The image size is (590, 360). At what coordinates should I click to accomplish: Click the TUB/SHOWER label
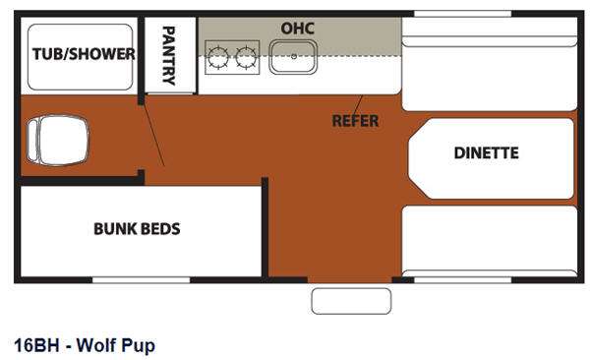coord(83,54)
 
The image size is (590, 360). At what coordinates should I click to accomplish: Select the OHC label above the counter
coord(298,28)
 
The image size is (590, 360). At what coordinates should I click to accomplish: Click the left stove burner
coord(218,59)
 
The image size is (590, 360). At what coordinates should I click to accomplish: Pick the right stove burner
coord(245,59)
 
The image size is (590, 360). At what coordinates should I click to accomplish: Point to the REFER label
coord(355,121)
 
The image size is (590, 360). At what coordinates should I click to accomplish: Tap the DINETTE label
coord(486,153)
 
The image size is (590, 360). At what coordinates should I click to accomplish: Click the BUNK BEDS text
coord(137,228)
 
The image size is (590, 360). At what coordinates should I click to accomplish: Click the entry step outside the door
coord(351,301)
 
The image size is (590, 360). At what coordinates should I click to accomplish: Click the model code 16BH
coord(34,345)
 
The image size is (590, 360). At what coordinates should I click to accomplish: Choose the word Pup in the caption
coord(139,345)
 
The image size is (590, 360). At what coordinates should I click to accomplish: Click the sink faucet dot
coord(294,57)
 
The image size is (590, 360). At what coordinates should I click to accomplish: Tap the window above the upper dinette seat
coord(448,13)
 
